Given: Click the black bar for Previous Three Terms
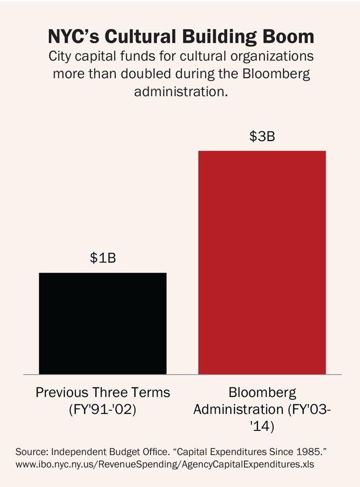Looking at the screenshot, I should (103, 323).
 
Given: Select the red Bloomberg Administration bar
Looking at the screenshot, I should (262, 262).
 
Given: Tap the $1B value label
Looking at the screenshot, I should (103, 258).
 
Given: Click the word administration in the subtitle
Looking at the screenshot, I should (181, 92).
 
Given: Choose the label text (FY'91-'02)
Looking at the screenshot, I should (103, 411).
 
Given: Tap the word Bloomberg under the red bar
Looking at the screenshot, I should (262, 393).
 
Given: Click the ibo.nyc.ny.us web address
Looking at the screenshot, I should (165, 464).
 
